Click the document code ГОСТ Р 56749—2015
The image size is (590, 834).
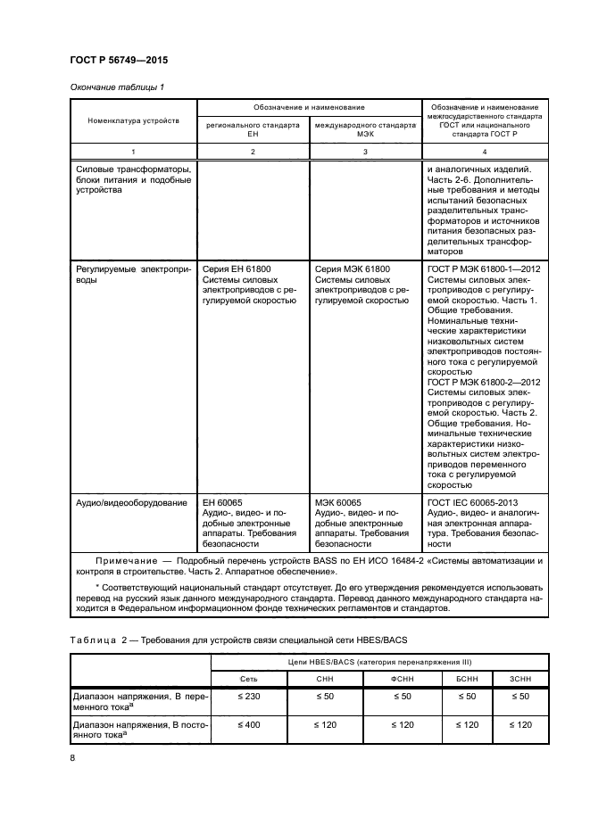(118, 60)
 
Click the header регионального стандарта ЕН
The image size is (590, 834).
(253, 131)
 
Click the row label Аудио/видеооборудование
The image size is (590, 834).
(131, 503)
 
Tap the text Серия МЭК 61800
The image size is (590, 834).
(352, 267)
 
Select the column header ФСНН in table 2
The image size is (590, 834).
(401, 680)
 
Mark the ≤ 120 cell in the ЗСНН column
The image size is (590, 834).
(519, 724)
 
